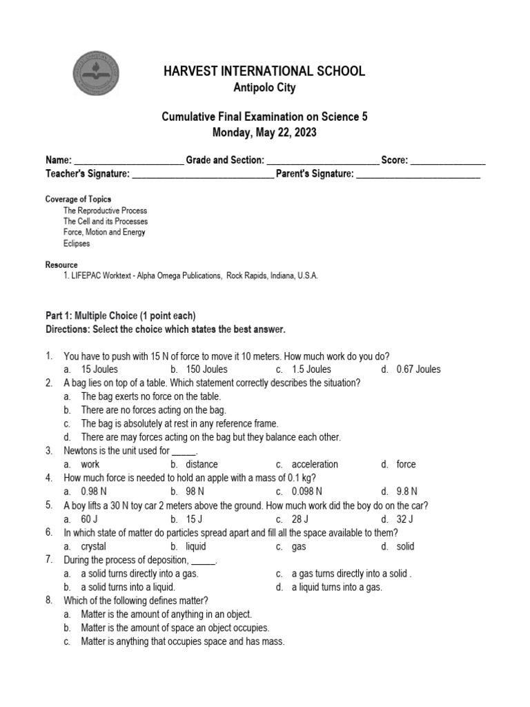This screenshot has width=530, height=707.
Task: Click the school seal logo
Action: point(96,74)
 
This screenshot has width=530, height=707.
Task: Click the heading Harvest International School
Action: point(264,71)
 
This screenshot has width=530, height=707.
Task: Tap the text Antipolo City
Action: point(264,88)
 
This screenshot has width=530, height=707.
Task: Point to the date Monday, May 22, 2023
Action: point(264,133)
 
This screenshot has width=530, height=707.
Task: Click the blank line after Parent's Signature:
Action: point(418,175)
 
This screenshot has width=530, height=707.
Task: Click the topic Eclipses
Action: point(77,244)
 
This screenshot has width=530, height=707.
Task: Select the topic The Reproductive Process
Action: point(105,211)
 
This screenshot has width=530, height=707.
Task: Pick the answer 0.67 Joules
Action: point(418,369)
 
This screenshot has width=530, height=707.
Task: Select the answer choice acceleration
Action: point(315,465)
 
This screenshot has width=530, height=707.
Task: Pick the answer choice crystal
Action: point(93,547)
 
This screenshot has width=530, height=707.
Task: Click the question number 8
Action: point(49,600)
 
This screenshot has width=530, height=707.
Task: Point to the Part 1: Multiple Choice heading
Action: point(121,316)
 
